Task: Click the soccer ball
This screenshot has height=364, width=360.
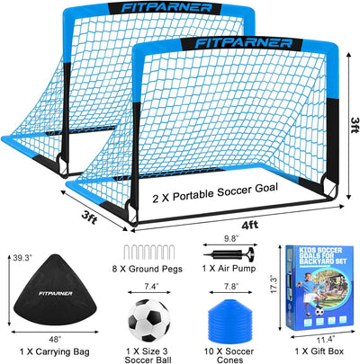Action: [148, 320]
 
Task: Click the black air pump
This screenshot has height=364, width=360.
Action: [229, 254]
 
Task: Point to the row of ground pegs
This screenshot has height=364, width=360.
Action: [148, 253]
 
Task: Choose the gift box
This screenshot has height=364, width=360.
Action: [320, 288]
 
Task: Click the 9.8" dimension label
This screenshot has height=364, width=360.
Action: [230, 239]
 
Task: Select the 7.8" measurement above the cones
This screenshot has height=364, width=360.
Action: [230, 286]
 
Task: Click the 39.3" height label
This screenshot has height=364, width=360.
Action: [22, 258]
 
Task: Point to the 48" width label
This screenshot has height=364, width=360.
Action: [55, 340]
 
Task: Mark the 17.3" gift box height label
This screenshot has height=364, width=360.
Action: [274, 284]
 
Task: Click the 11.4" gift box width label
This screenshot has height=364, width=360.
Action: [326, 340]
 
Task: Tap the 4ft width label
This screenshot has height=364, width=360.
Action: [249, 225]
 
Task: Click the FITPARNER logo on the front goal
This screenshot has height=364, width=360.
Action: [243, 43]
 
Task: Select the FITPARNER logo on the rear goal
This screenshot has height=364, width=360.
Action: [166, 8]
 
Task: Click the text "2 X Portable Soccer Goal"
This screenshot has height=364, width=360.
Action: [215, 193]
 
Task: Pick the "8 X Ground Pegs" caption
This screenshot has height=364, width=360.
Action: [148, 269]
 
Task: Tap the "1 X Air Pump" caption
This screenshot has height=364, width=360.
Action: [229, 269]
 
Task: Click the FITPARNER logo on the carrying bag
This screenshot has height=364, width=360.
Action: [56, 293]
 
